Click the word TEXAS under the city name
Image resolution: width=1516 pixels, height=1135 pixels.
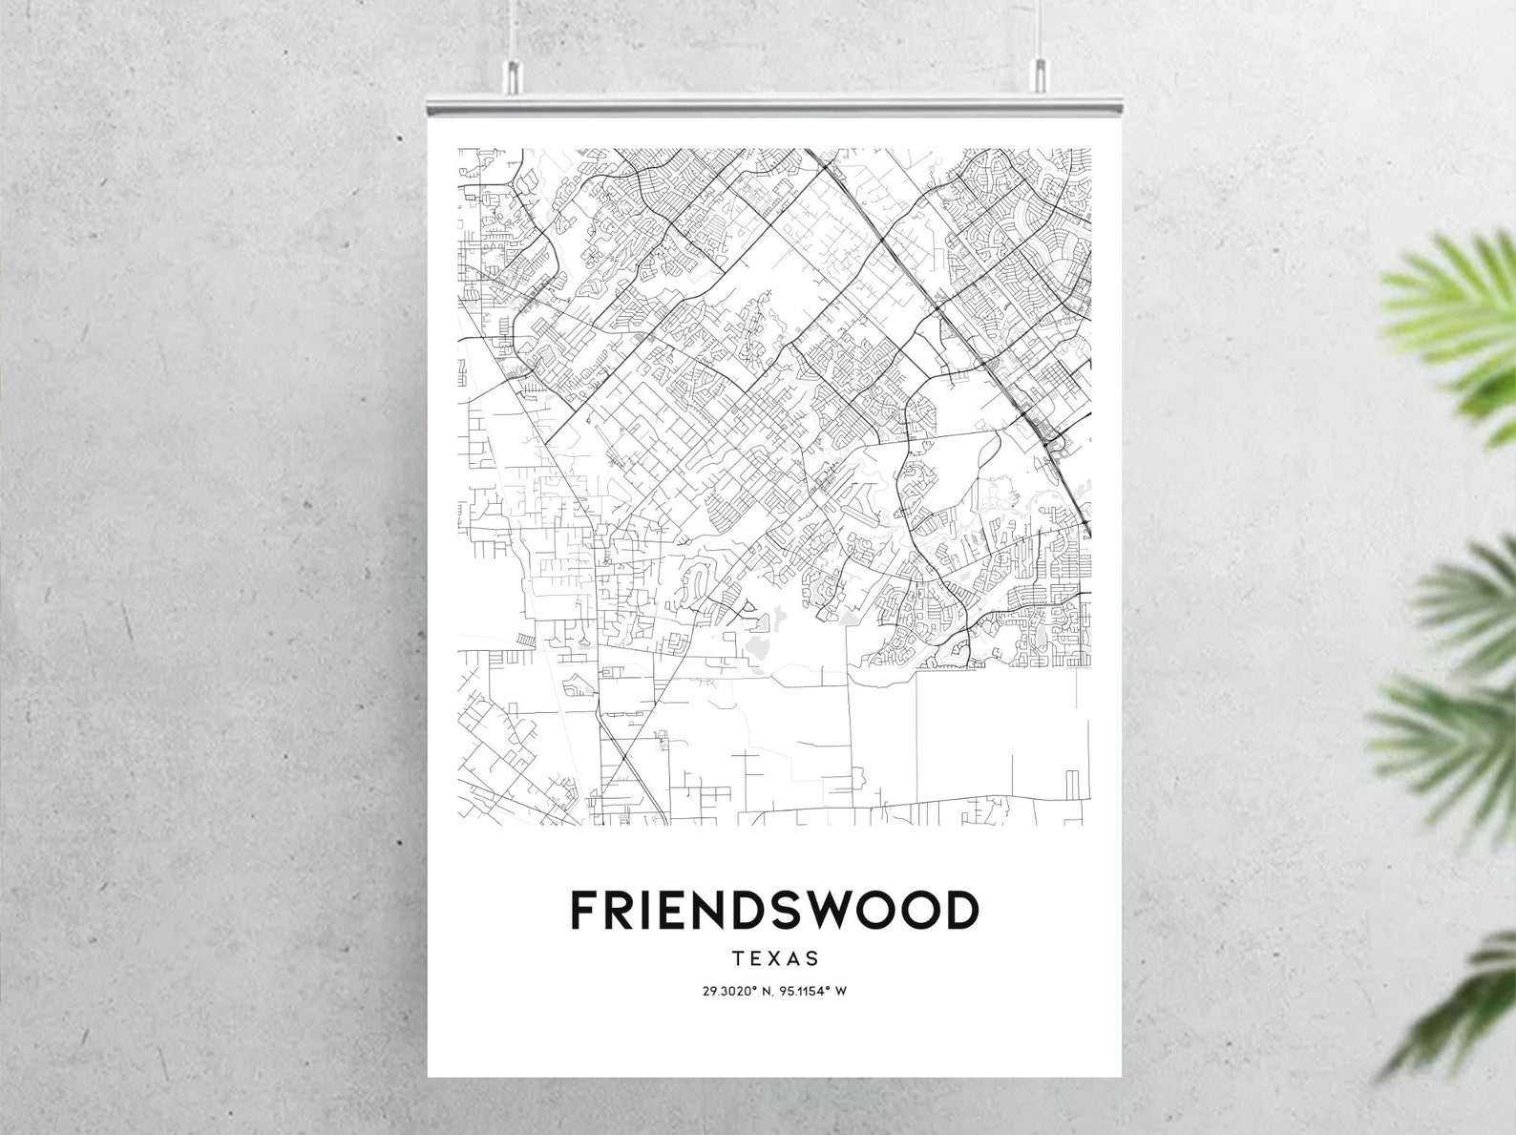tap(774, 957)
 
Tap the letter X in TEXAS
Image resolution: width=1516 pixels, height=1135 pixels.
tap(774, 957)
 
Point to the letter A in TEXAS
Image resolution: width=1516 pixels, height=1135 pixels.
tap(792, 957)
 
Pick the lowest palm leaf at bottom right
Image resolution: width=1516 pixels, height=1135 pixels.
tap(1461, 1002)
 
